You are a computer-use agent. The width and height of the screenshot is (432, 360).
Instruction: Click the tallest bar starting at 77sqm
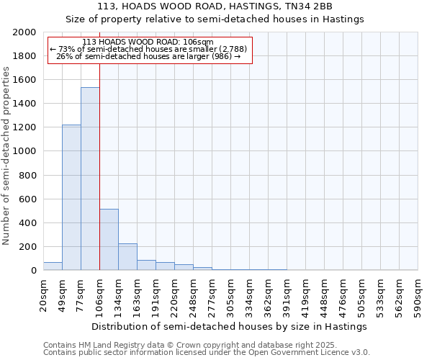(x=90, y=179)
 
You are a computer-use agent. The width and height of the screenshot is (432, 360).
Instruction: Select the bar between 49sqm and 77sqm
(x=71, y=197)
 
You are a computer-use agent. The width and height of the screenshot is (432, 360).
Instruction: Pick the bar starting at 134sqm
(x=127, y=256)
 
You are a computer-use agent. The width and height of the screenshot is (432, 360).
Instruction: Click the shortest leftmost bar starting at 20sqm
(x=53, y=266)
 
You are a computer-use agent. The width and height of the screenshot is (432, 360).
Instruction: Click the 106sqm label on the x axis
(x=100, y=293)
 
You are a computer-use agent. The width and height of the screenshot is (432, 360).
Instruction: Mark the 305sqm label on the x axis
(x=231, y=293)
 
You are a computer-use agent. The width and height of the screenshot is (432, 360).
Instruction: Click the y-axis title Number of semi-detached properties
(x=6, y=156)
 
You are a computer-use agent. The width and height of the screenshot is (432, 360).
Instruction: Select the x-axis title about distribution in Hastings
(x=230, y=326)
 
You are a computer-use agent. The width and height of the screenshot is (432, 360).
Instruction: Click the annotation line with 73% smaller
(x=148, y=49)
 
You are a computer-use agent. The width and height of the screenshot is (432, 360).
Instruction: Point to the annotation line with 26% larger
(x=148, y=56)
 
